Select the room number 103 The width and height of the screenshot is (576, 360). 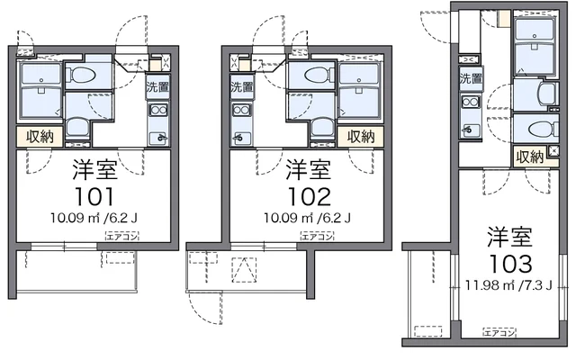tap(509, 264)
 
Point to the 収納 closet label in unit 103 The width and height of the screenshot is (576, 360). tap(529, 157)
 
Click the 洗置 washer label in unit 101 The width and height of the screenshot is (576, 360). tap(158, 87)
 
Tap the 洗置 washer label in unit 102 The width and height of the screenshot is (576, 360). tap(242, 87)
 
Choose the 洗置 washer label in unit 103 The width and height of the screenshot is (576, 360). tap(471, 78)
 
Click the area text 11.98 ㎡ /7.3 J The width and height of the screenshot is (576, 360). tap(509, 287)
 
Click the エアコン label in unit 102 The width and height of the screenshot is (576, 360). tap(317, 237)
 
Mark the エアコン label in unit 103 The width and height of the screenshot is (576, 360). tap(499, 332)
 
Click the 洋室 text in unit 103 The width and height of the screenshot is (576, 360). tap(509, 238)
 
